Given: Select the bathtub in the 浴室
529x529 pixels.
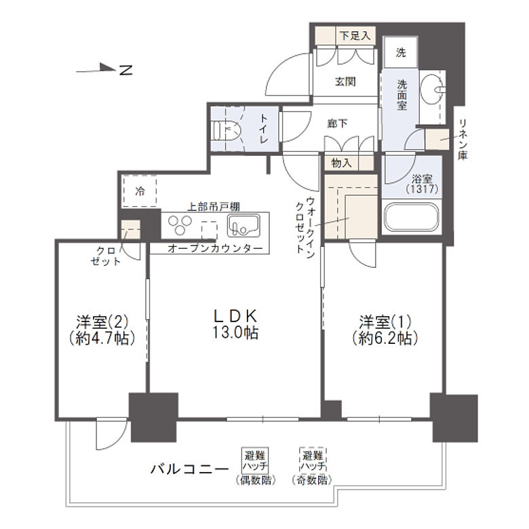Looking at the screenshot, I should tap(412, 218).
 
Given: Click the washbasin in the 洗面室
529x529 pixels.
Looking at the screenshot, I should tap(432, 88).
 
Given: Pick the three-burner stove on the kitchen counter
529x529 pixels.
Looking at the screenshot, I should tap(179, 224).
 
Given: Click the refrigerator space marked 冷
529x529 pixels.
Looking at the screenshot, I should tap(140, 192).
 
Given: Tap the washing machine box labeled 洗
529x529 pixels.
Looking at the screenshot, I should tap(401, 52).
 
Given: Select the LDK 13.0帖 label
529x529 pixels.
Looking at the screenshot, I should tap(235, 324).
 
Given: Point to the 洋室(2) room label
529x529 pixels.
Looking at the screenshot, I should tap(100, 329).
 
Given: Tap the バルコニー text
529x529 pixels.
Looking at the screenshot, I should tap(189, 468).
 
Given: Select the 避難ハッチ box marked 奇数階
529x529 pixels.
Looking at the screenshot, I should tap(313, 461).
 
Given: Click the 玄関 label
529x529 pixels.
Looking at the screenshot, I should tap(345, 82).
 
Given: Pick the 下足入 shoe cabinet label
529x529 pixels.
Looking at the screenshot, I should tap(355, 36).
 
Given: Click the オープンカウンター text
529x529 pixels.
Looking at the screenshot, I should tap(214, 248).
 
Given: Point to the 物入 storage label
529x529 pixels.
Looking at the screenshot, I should tap(341, 163).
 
